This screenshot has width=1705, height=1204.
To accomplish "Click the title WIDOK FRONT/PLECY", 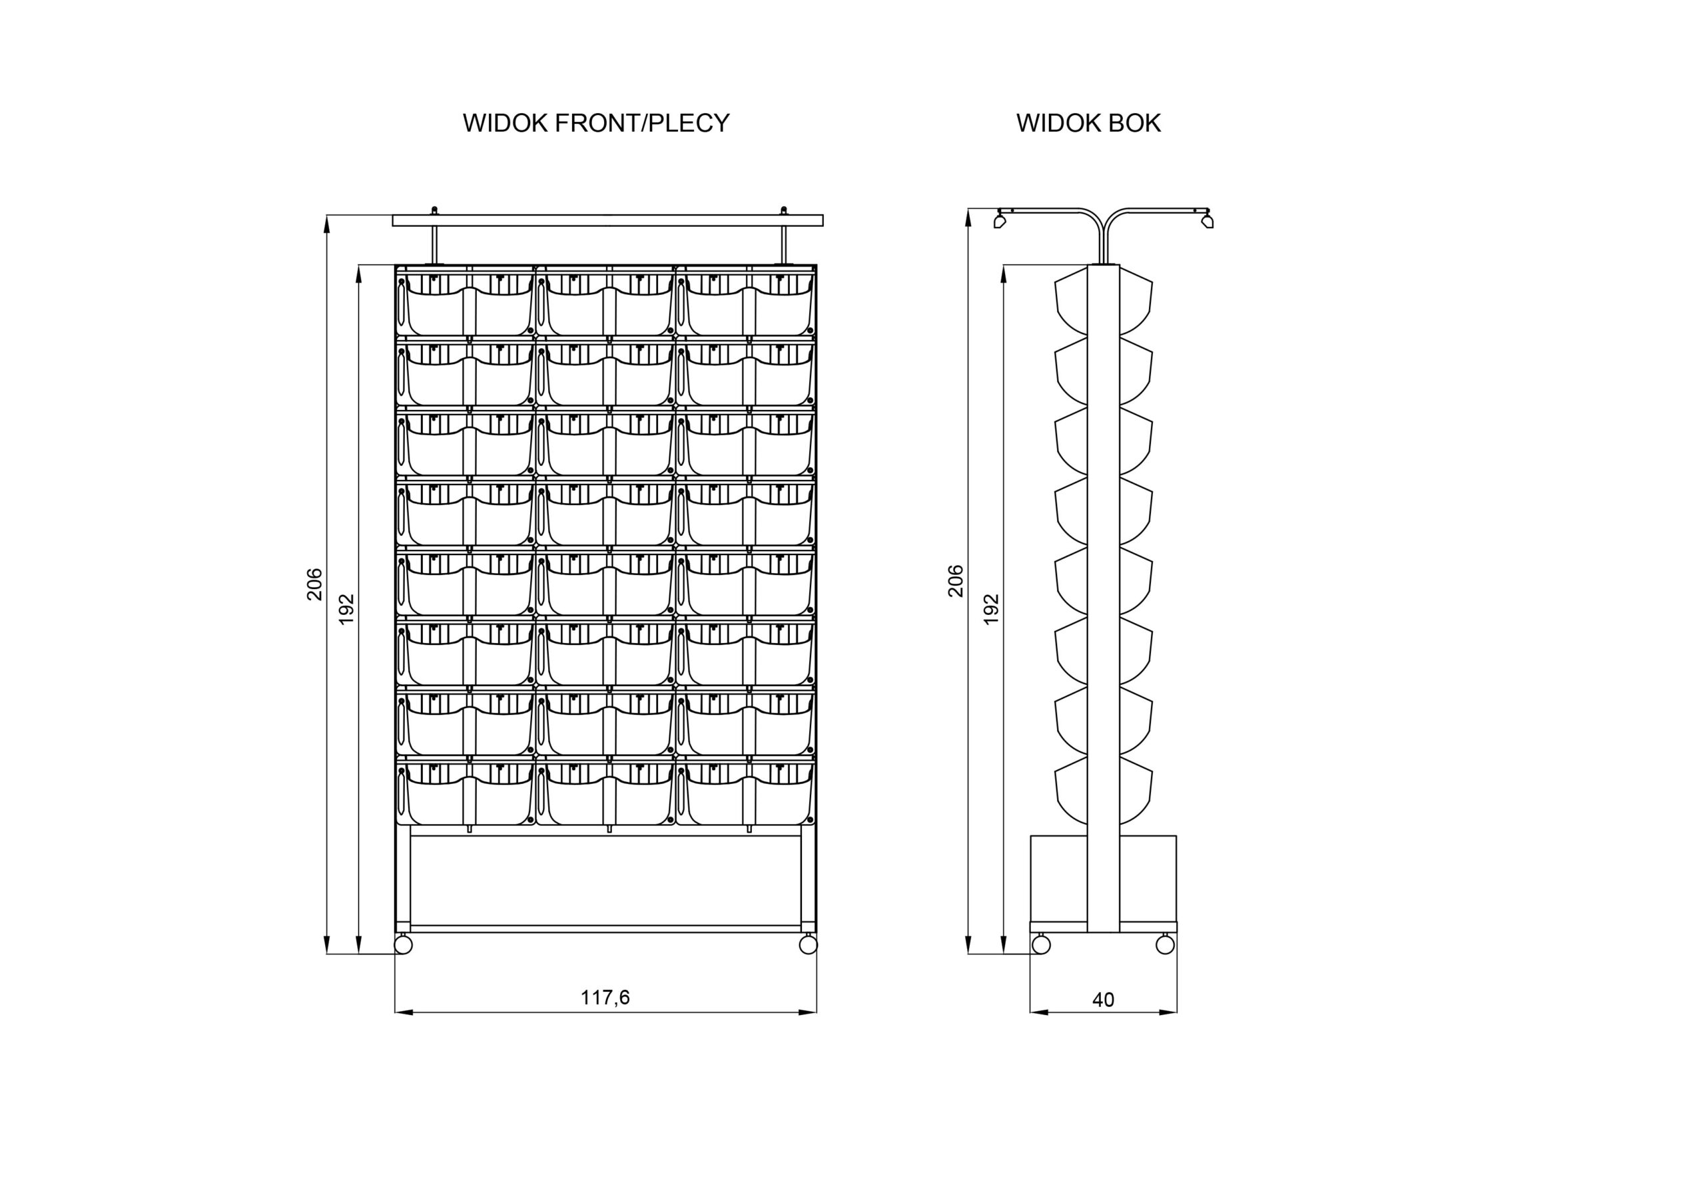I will click(595, 123).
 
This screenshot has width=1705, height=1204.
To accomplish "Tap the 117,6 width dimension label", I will click(605, 998).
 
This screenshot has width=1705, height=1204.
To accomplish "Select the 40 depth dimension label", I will click(1103, 1000).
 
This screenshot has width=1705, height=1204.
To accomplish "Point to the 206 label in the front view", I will click(315, 584).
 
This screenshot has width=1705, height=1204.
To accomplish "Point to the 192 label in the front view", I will click(346, 610).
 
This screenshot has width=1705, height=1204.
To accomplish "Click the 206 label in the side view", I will click(956, 580).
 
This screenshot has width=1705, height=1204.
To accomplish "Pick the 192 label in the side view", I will click(990, 610).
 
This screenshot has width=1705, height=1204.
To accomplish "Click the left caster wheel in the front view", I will click(403, 945).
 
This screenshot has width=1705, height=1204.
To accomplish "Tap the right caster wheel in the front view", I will click(808, 945).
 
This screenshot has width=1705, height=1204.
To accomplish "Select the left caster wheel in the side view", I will click(1041, 944).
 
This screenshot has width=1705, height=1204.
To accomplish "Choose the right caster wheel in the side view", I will click(1165, 944).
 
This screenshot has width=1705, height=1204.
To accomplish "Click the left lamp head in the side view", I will click(1000, 221).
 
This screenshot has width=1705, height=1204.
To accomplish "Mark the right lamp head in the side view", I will click(1207, 221).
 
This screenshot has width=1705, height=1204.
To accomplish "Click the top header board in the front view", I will click(607, 220).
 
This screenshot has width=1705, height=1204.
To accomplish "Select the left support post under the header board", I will click(435, 244).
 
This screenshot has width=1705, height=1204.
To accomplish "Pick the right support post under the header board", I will click(783, 244).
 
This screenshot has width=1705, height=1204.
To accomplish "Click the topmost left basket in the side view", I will click(1071, 301).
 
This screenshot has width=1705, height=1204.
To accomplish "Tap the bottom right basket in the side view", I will click(1136, 789).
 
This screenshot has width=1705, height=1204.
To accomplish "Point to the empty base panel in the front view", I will click(605, 881).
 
